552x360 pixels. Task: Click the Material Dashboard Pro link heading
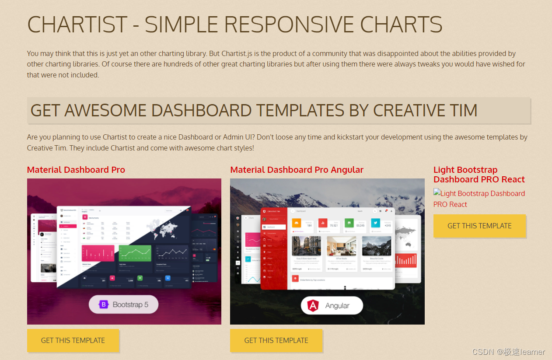[x=76, y=170]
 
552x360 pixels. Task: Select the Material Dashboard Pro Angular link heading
[x=297, y=170]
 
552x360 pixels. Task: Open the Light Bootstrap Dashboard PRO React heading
[x=479, y=175]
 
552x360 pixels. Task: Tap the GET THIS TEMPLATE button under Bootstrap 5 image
[x=73, y=340]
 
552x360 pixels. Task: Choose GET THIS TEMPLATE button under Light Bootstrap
[x=479, y=226]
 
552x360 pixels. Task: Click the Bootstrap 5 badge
[x=124, y=304]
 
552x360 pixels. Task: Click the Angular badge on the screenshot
[x=332, y=305]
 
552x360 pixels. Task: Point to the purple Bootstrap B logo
[x=104, y=304]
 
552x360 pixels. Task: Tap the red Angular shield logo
[x=313, y=305]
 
